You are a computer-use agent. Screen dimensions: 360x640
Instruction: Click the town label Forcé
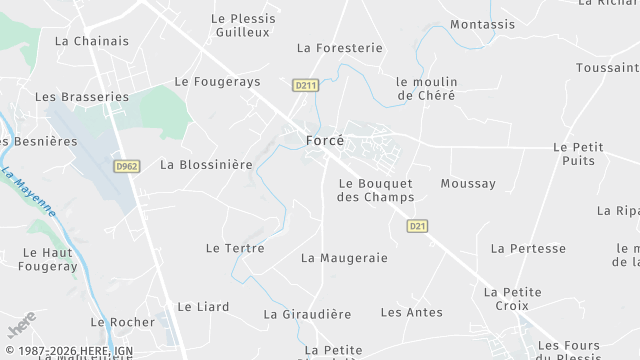click(324, 141)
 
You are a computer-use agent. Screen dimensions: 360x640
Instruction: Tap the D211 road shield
click(306, 86)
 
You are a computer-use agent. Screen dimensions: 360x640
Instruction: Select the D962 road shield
click(126, 166)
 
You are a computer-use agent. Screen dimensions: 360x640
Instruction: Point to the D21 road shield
click(418, 227)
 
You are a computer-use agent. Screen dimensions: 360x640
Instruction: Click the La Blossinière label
click(206, 164)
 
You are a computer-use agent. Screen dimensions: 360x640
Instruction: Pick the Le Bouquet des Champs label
click(375, 190)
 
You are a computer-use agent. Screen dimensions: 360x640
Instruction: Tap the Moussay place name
click(468, 184)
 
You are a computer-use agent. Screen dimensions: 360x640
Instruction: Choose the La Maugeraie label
click(344, 257)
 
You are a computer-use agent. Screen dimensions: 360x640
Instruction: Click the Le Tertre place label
click(235, 247)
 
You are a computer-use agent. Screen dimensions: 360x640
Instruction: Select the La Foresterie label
click(340, 47)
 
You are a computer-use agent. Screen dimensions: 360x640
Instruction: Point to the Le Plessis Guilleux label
click(243, 25)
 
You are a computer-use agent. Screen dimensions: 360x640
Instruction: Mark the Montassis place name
click(483, 24)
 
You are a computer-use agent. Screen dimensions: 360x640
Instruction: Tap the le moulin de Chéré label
click(426, 88)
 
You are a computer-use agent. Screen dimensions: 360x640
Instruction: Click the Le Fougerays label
click(217, 81)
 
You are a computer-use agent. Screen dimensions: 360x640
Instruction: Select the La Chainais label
click(92, 41)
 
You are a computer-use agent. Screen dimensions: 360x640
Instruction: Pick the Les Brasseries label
click(82, 97)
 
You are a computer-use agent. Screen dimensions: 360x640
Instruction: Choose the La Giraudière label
click(307, 313)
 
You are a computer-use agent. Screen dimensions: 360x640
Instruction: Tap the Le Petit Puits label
click(579, 153)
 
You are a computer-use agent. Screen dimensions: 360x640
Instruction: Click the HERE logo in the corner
click(21, 325)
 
